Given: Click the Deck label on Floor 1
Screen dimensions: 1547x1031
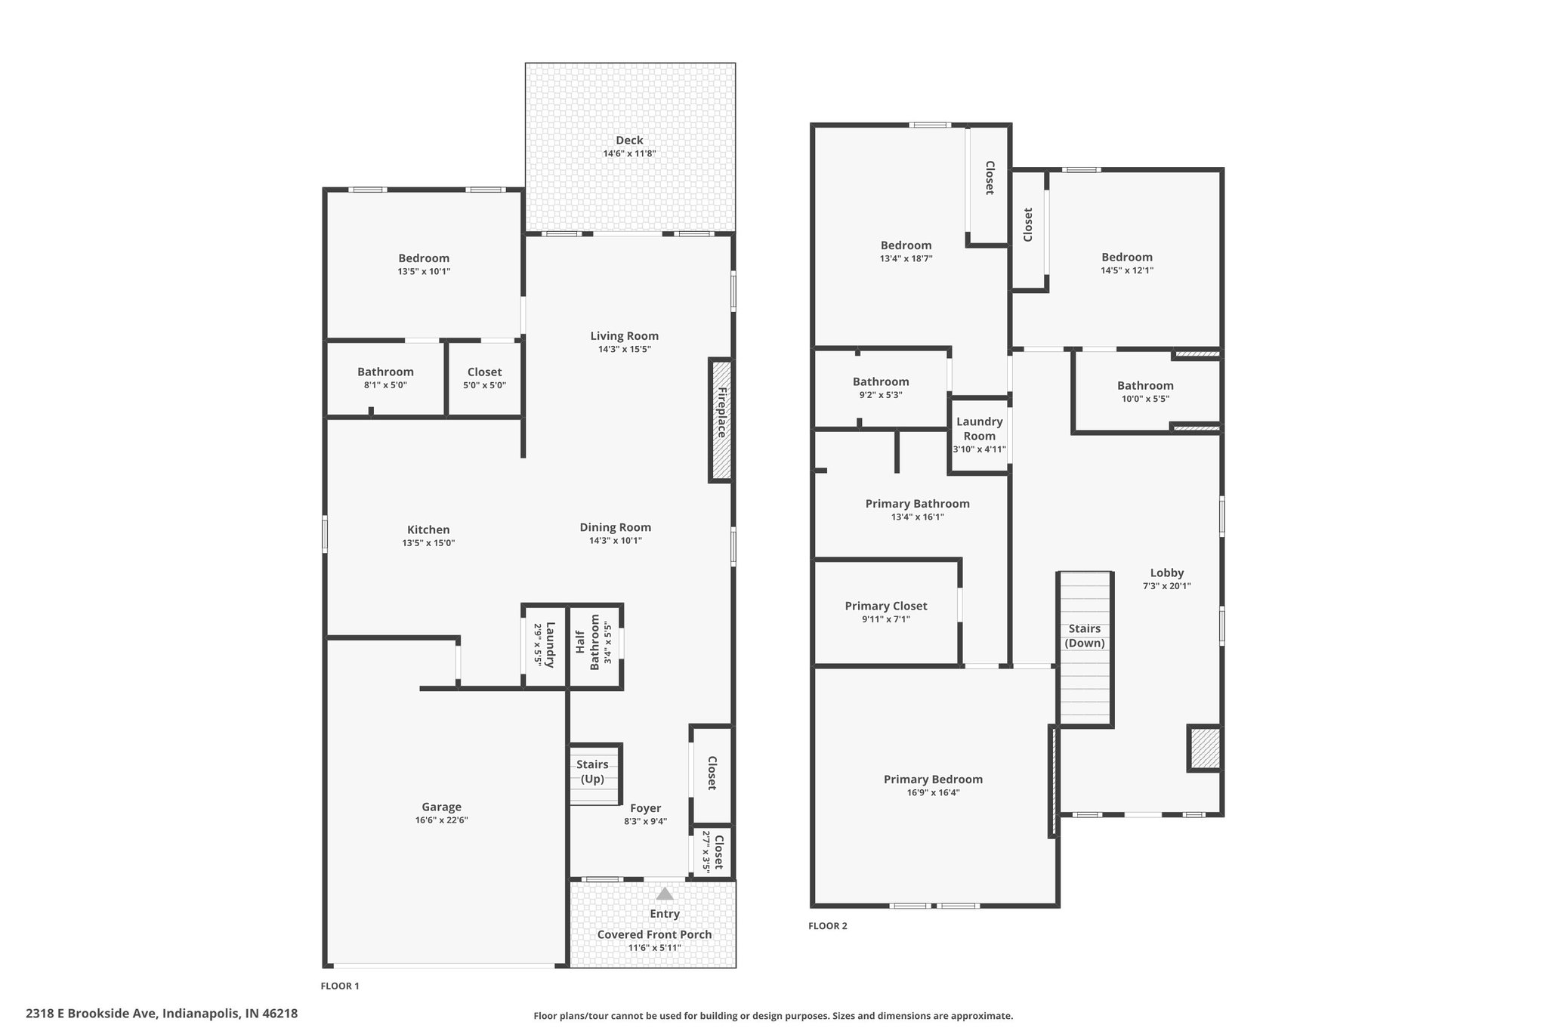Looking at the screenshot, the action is point(629,140).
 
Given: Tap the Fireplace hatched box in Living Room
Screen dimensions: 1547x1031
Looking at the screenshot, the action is point(721,420).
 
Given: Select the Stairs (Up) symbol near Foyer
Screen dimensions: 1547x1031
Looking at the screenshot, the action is point(594,774).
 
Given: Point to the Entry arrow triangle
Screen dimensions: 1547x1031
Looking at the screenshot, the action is point(665,894).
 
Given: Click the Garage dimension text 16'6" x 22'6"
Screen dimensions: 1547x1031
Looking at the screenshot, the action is point(442,820).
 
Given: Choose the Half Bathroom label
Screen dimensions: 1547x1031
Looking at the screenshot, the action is point(588,642).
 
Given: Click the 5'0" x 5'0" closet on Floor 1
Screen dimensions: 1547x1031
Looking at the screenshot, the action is point(484,378).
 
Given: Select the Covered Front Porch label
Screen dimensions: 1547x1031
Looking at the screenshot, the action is point(654,934).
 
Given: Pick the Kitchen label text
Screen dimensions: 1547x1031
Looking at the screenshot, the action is point(428,529).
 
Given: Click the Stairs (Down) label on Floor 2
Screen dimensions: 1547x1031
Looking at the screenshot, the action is point(1085,636).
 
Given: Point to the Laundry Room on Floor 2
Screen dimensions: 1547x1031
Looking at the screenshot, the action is point(980,435).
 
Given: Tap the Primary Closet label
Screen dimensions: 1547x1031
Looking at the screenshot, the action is point(886,606).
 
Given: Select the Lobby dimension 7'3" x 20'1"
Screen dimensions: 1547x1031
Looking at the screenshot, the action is point(1167,585).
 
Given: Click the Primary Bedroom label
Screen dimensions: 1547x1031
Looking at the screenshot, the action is point(934,779).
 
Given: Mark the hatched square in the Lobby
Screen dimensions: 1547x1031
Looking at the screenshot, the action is point(1205,749).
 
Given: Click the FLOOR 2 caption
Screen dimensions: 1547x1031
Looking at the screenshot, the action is point(828,926).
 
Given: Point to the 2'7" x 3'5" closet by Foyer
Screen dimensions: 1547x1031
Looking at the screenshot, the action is point(712,852).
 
